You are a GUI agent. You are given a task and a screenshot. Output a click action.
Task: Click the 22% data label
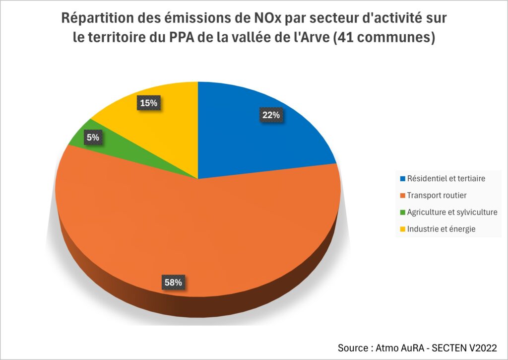(271, 115)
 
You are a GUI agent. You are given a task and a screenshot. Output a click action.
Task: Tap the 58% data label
(174, 283)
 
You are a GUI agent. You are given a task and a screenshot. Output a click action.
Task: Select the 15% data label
(148, 103)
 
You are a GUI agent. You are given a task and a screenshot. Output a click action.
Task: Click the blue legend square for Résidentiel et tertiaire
(402, 178)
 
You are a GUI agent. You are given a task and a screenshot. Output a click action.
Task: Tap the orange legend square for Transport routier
(402, 195)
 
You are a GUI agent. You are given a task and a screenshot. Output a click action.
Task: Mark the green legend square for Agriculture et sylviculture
(402, 212)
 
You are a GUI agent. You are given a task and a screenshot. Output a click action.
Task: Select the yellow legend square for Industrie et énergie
(402, 229)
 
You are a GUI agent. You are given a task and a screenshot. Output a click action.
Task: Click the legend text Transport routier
(437, 195)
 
